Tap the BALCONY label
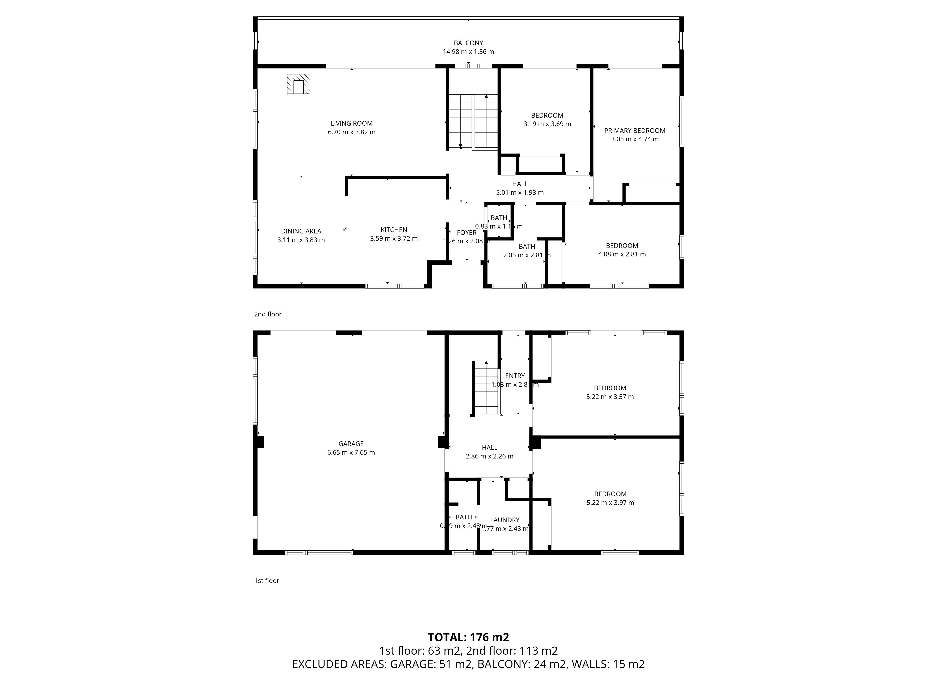point(468,43)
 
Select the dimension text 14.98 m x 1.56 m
point(468,52)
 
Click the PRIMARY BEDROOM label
point(635,131)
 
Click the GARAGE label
point(351,444)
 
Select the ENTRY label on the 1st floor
point(515,376)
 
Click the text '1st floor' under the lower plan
point(267,581)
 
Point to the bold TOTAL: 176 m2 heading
point(468,637)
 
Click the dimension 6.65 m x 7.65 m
point(351,452)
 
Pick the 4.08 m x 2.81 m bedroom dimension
point(622,254)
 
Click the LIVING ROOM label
point(352,123)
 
